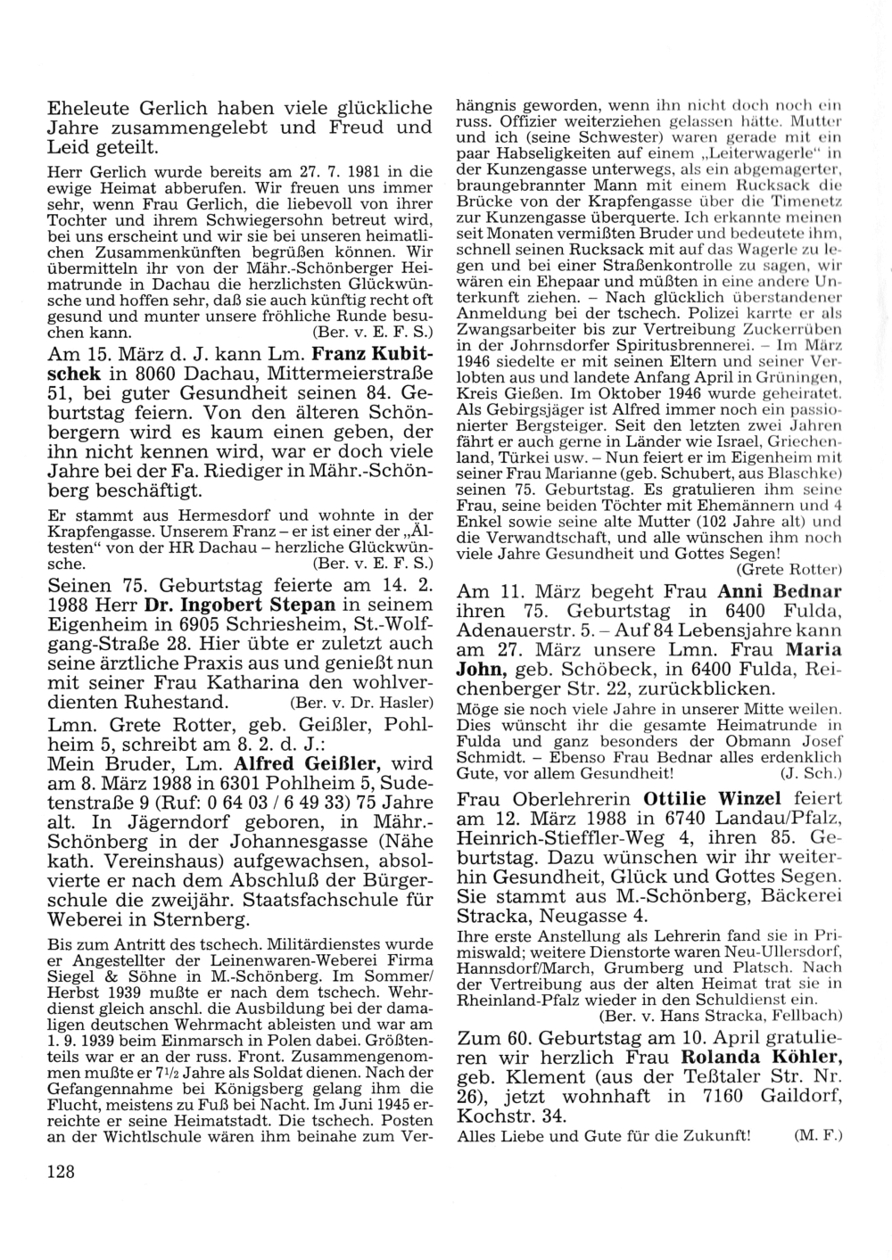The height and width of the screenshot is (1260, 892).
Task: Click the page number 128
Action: pyautogui.click(x=61, y=1173)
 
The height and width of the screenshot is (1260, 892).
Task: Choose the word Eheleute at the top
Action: pyautogui.click(x=91, y=108)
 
